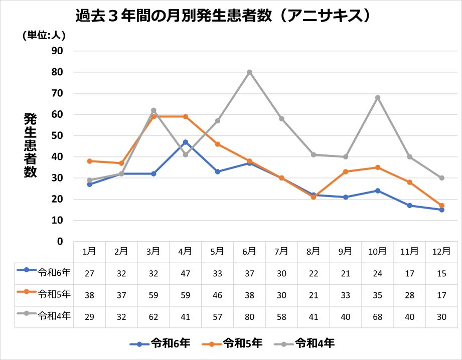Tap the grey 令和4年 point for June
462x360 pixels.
[249, 72]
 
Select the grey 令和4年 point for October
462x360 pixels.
[378, 97]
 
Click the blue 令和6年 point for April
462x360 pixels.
[186, 142]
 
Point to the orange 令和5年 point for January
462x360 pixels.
[89, 161]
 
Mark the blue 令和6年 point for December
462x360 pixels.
[442, 210]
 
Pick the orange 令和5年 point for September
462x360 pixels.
[346, 171]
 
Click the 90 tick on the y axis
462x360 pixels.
[57, 51]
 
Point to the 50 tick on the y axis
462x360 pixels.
[57, 135]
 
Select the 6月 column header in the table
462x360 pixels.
[249, 251]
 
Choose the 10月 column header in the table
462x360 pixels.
[378, 251]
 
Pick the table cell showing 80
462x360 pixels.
[249, 316]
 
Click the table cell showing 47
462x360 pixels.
[186, 273]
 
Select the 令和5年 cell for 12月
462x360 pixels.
[442, 295]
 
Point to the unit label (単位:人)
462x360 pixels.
[44, 35]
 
